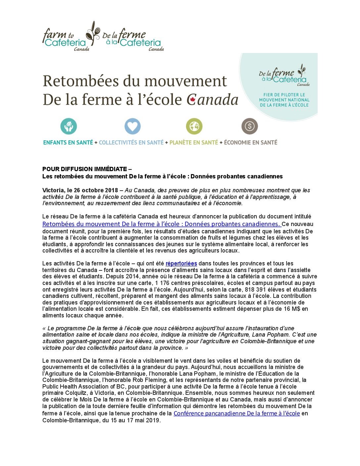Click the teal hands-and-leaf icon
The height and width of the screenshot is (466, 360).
point(68,126)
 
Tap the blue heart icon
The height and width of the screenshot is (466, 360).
point(132,126)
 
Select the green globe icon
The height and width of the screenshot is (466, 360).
point(194,126)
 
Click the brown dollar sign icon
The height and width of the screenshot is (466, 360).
point(249,126)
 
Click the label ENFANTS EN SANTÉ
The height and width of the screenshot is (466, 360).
point(68,143)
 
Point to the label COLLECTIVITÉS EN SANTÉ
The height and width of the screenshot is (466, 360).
point(131,143)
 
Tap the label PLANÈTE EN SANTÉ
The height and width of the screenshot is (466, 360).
point(194,143)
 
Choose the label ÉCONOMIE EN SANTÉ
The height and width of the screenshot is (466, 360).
point(250,143)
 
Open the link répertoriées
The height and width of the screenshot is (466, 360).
point(181,263)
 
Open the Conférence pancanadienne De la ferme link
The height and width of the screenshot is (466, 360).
point(237,413)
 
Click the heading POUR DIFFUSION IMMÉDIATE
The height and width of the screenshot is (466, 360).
point(84,169)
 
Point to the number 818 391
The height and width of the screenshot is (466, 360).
point(256,290)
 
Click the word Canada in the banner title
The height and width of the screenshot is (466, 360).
point(212,100)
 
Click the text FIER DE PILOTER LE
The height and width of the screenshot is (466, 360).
point(284,95)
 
